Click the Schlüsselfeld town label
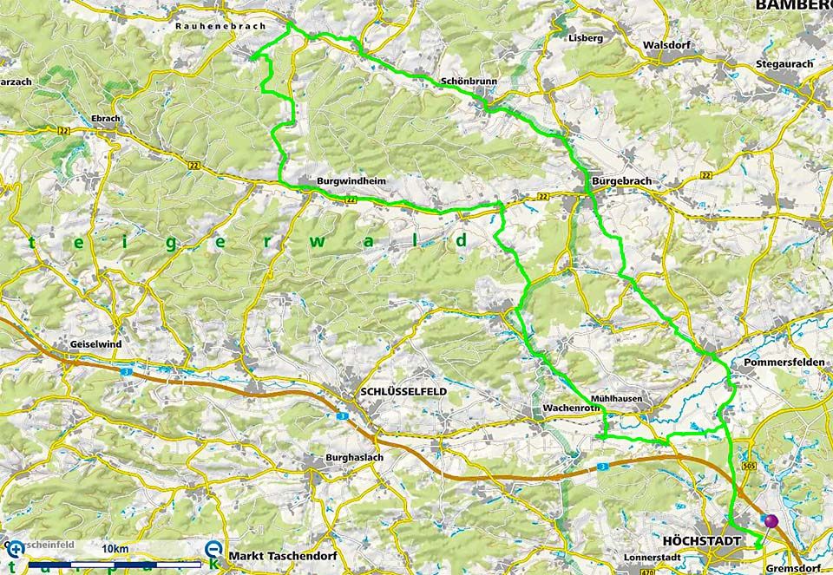click(x=403, y=392)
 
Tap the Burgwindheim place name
click(x=351, y=182)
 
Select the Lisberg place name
click(x=585, y=38)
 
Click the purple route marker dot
click(x=770, y=520)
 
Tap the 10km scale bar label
click(x=115, y=550)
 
